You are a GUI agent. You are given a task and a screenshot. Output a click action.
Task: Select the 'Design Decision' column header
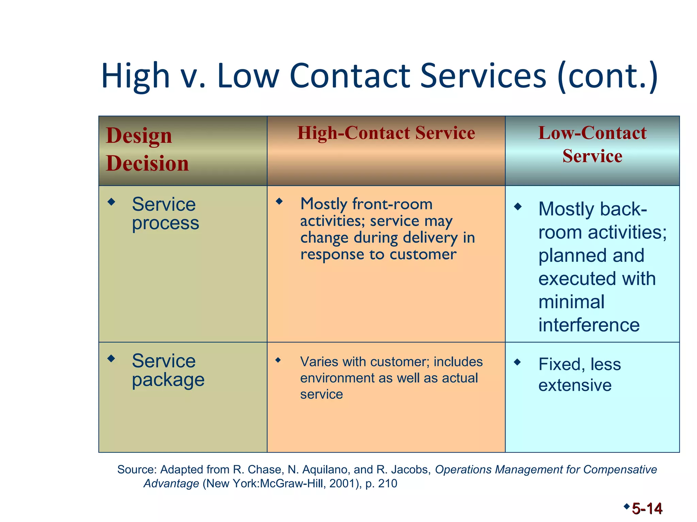[147, 149]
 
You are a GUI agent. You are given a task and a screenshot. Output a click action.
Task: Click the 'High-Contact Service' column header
[386, 133]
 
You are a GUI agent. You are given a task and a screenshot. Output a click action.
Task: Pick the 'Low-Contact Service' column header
[592, 144]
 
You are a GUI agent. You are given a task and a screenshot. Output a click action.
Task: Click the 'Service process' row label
[165, 213]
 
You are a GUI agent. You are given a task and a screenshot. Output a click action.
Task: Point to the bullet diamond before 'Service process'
[111, 202]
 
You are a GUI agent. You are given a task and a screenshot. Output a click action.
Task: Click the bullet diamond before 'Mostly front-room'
[279, 201]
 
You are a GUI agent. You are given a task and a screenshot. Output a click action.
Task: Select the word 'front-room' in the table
[392, 204]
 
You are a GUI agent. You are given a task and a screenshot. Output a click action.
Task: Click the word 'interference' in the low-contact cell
[589, 325]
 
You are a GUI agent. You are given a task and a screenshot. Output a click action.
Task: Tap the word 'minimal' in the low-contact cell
[571, 302]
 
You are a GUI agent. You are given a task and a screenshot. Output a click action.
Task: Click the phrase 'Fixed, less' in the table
[580, 364]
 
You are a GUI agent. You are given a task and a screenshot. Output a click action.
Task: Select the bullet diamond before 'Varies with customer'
[278, 360]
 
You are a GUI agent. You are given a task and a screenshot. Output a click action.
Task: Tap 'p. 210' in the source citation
[381, 483]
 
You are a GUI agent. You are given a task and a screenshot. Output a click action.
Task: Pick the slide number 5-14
[647, 509]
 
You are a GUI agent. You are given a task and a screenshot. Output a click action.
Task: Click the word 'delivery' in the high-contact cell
[430, 238]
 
